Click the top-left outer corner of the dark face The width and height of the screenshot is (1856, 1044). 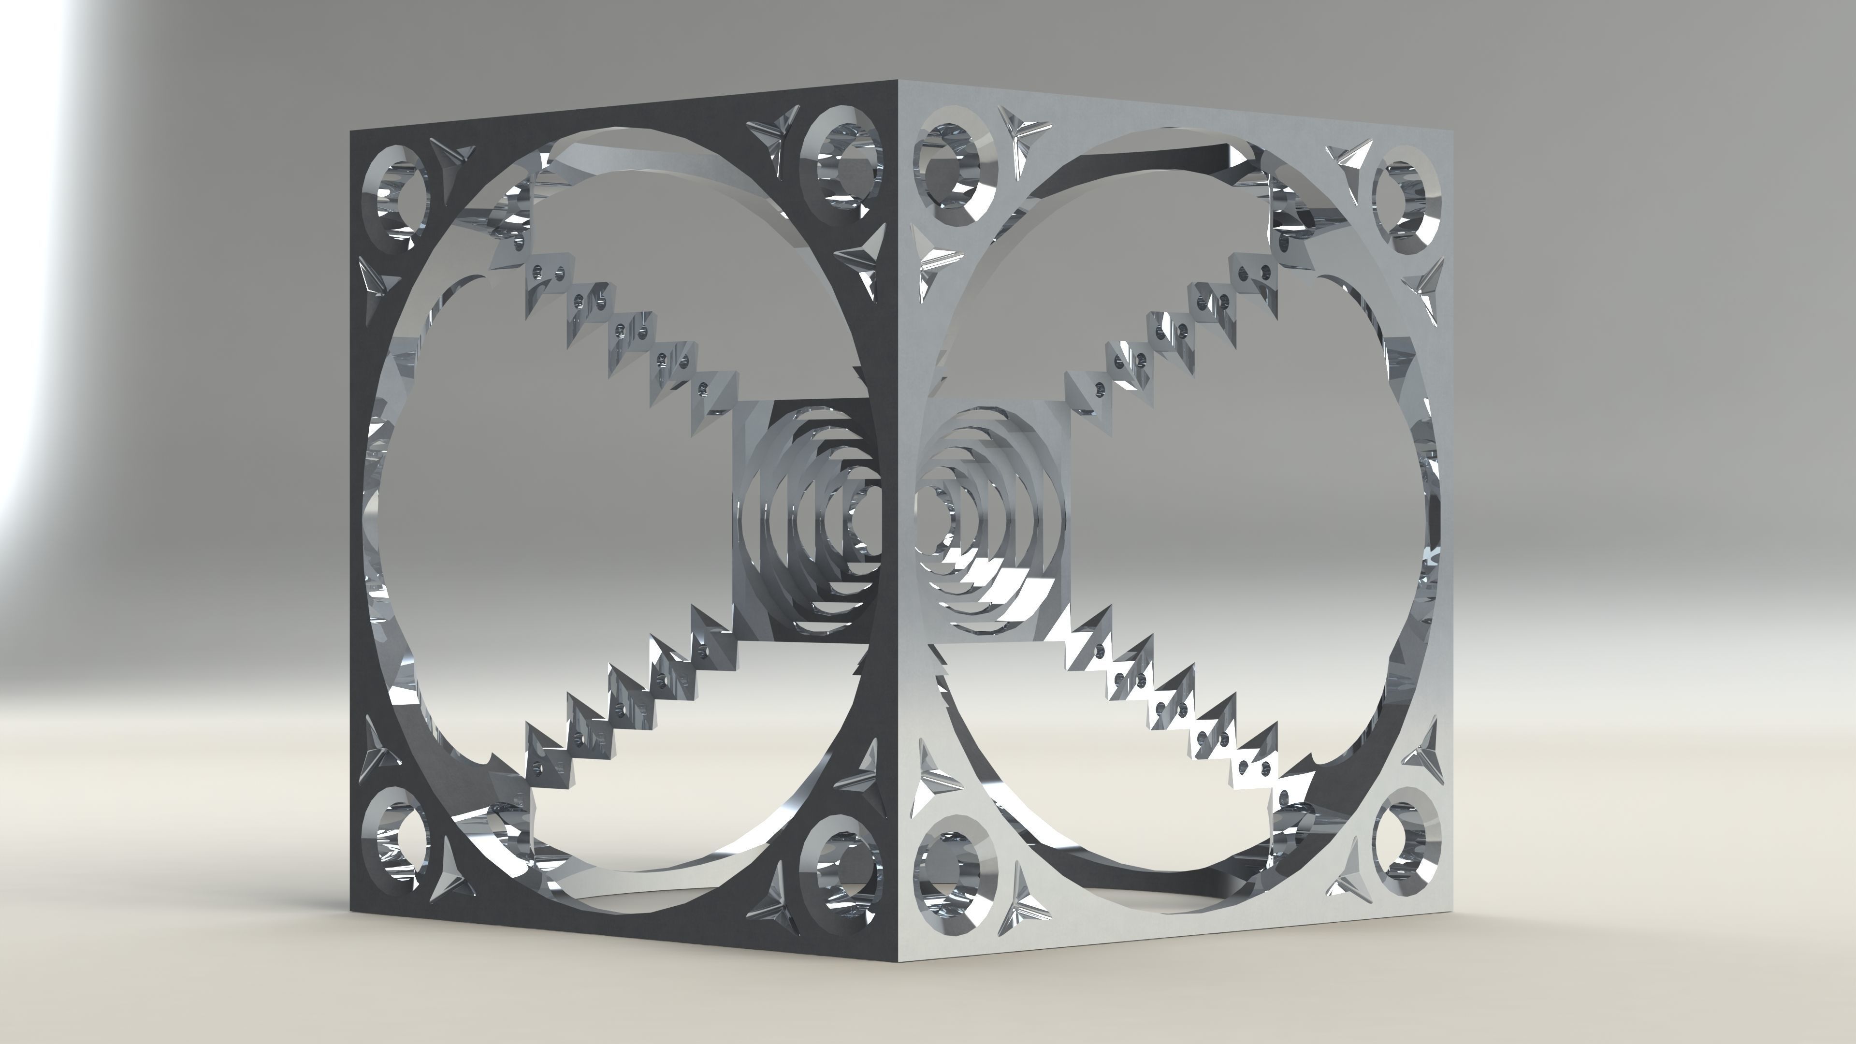point(351,131)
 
